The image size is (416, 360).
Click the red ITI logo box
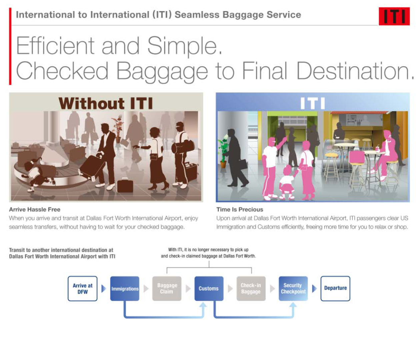point(394,16)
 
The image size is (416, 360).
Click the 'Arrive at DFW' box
point(83,289)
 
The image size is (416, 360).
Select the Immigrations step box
point(125,289)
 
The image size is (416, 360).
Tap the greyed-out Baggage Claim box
point(167,289)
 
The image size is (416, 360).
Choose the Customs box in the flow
point(209,289)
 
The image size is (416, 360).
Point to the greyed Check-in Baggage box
point(251,289)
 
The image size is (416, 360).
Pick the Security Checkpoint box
point(293,289)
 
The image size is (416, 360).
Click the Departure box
point(335,289)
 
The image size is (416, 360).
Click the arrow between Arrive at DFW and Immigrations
point(104,289)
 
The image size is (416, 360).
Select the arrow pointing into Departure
point(314,289)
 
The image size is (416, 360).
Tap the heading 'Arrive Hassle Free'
point(35,209)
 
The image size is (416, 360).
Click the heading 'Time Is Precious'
point(240,209)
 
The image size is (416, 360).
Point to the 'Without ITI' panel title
point(106,103)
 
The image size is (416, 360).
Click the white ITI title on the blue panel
point(313,103)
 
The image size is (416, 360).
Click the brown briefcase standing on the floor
point(125,185)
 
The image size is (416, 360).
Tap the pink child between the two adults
point(287,182)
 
